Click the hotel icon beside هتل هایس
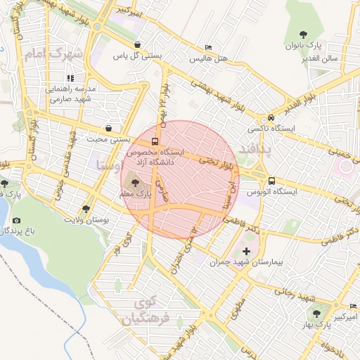pos(207,46)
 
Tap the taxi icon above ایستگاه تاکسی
pos(271,118)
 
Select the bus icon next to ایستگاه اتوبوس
pos(271,179)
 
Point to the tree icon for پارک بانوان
pos(303,34)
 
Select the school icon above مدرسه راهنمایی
pos(70,78)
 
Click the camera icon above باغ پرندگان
pos(15,220)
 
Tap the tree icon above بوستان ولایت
pos(86,209)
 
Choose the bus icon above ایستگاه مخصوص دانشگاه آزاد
pos(155,141)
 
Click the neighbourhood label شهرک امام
pos(53,54)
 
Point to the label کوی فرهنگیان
pos(146,310)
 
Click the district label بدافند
pos(254,149)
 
